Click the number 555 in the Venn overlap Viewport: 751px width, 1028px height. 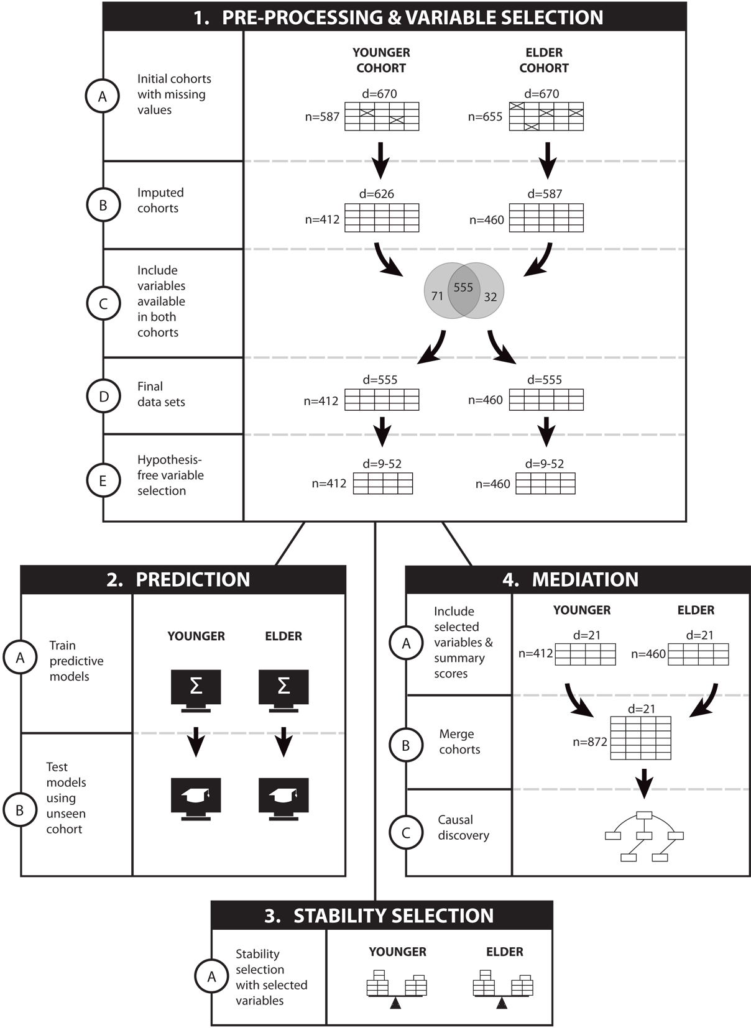(463, 287)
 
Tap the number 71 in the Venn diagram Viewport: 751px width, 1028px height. (437, 296)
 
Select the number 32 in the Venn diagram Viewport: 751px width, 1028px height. (491, 297)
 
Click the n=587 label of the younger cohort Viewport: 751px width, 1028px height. (322, 117)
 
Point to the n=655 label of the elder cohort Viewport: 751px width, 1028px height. (485, 117)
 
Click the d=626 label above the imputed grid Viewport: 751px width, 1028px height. (376, 194)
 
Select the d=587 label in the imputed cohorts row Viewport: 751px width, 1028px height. (545, 194)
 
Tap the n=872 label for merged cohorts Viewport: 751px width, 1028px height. (590, 741)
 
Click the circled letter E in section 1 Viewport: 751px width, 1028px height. (103, 480)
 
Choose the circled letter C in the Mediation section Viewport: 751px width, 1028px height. (406, 832)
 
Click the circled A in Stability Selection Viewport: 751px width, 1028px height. (211, 977)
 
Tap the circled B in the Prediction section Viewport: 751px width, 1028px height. (20, 810)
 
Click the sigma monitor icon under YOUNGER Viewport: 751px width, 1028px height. (196, 691)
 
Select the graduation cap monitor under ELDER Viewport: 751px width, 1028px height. (283, 799)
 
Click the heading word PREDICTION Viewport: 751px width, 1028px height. (193, 580)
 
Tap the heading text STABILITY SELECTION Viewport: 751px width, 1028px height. (394, 916)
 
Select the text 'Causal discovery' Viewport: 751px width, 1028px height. (464, 827)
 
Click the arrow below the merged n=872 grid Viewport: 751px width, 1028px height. (645, 783)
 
